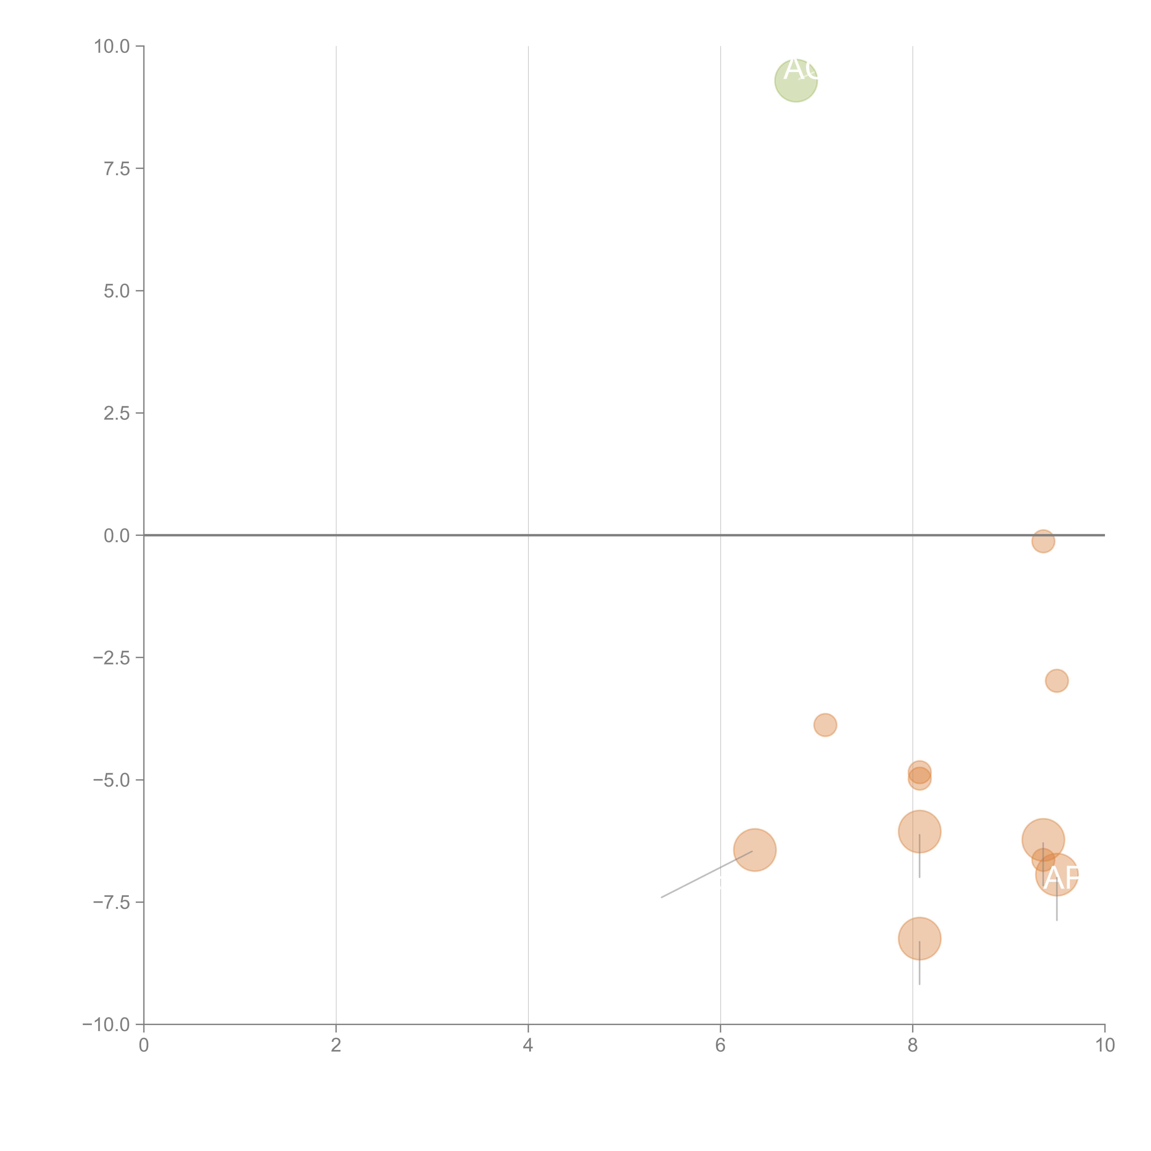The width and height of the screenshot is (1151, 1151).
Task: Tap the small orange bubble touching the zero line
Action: coord(1043,541)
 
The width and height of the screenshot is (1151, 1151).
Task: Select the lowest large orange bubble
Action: coord(919,938)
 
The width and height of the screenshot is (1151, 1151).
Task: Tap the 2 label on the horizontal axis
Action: coord(336,1046)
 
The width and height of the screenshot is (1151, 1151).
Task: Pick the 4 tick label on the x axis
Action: coord(528,1046)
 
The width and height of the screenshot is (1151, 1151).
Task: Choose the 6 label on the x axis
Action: coord(720,1046)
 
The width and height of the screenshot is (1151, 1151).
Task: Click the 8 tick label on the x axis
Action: coord(913,1046)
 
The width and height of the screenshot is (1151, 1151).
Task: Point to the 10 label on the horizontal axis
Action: coord(1104,1046)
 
